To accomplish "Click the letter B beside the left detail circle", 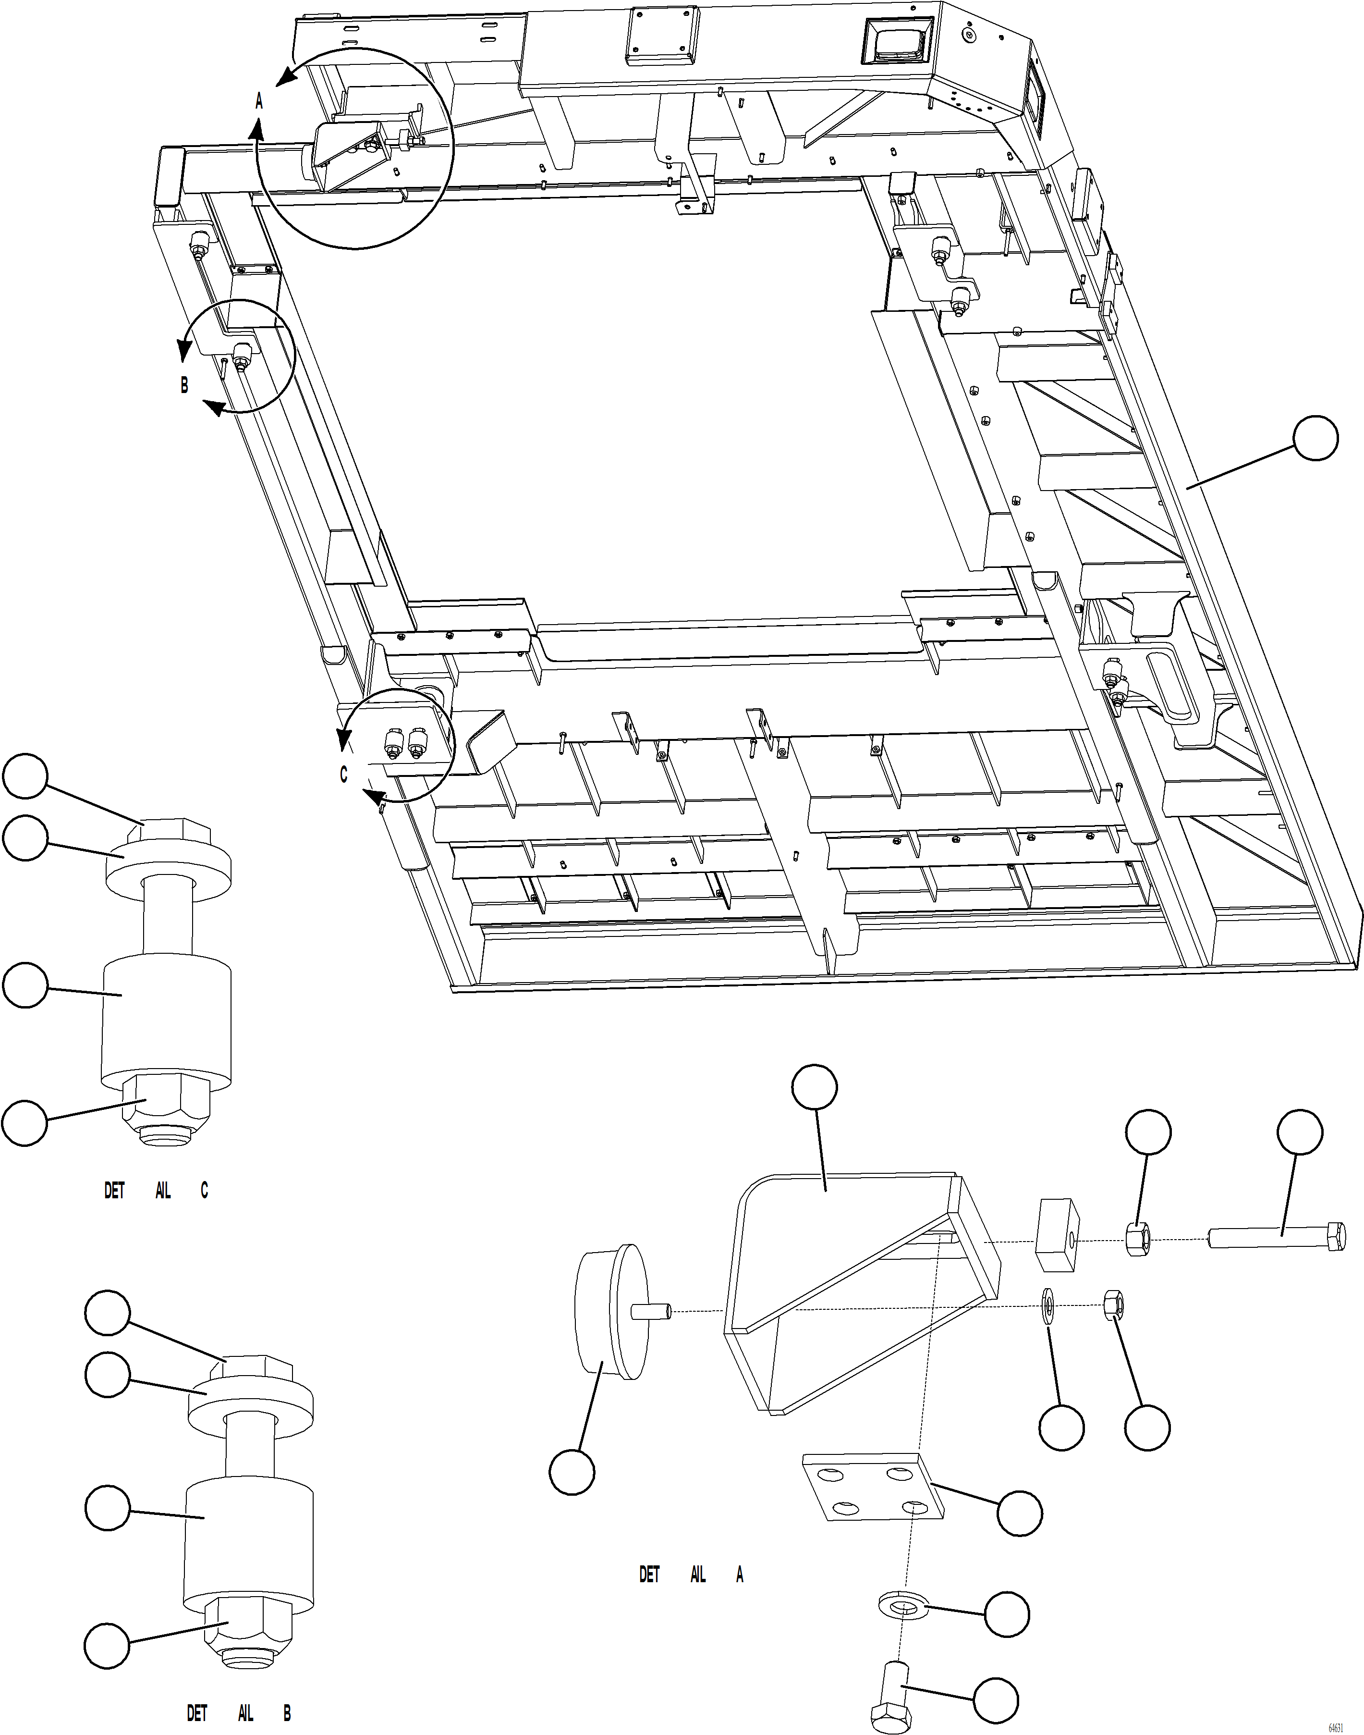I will point(184,385).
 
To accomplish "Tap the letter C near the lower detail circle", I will point(343,775).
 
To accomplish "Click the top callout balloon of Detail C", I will point(25,775).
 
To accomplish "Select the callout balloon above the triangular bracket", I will point(815,1087).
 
